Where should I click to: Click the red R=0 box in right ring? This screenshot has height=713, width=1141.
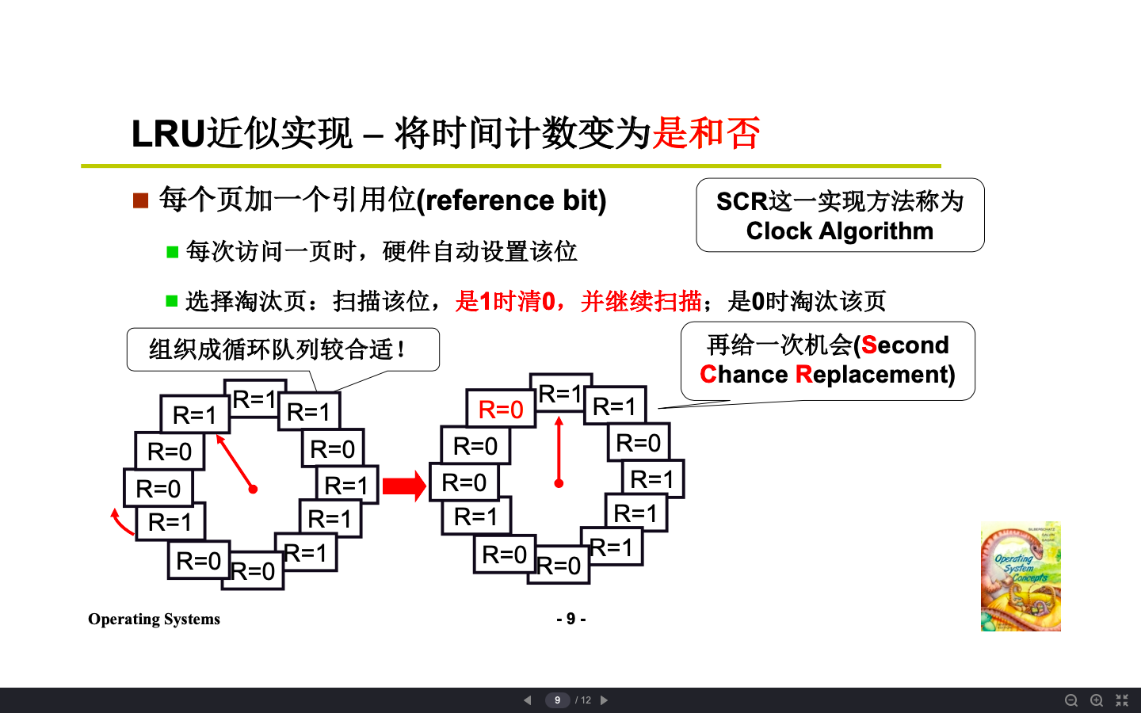click(x=501, y=410)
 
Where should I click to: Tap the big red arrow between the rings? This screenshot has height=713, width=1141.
click(x=404, y=486)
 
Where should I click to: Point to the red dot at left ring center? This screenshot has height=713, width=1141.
click(x=253, y=489)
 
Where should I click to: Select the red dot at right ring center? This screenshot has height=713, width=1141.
click(x=559, y=482)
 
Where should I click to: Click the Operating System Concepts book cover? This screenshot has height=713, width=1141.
click(x=1021, y=576)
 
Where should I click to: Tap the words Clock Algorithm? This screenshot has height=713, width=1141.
click(x=839, y=231)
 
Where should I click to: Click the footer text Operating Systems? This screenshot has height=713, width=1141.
click(x=154, y=619)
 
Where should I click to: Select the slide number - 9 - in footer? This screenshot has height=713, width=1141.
click(x=570, y=619)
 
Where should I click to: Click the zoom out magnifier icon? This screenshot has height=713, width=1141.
click(x=1070, y=700)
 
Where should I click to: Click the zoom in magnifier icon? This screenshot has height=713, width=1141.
click(x=1097, y=700)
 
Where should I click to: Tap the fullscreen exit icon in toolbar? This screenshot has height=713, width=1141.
click(x=1122, y=700)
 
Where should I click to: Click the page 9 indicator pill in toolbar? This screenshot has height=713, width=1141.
click(x=557, y=700)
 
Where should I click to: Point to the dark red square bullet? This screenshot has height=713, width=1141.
click(x=140, y=200)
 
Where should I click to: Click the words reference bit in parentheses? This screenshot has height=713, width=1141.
click(x=513, y=200)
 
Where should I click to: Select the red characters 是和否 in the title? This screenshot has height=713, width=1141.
click(x=706, y=133)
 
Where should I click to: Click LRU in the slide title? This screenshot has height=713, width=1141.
click(x=168, y=133)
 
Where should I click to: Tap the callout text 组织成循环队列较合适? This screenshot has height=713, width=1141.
click(x=277, y=349)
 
